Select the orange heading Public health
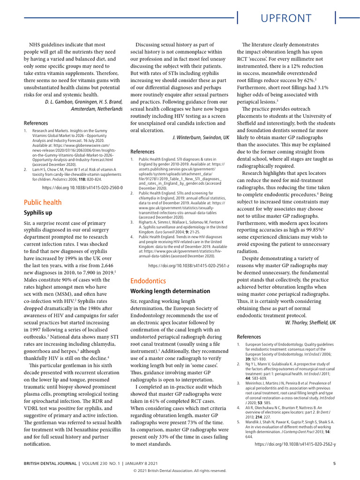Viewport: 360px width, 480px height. click(43, 202)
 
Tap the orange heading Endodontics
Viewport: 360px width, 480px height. click(148, 281)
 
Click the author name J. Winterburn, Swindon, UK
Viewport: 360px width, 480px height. click(200, 137)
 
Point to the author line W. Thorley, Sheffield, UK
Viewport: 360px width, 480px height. click(310, 322)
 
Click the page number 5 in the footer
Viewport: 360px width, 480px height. click(334, 464)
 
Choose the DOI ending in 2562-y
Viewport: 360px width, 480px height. click(295, 443)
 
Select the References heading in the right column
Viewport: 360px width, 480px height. click(249, 337)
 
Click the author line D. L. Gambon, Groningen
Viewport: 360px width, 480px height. click(84, 101)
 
